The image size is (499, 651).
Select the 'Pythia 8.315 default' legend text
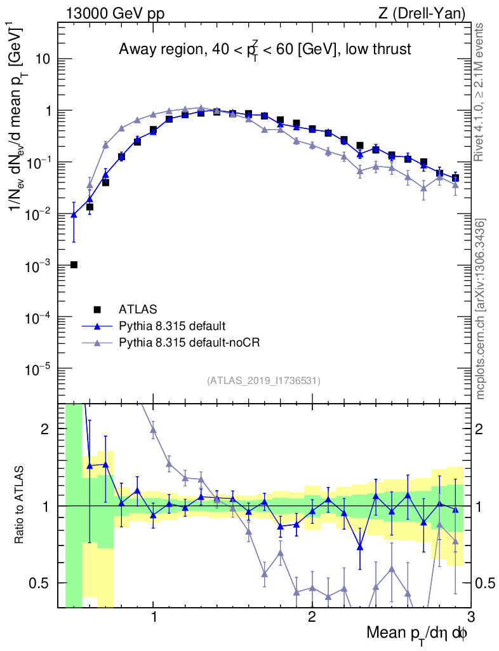pyautogui.click(x=171, y=326)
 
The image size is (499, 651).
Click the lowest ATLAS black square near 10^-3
pyautogui.click(x=74, y=264)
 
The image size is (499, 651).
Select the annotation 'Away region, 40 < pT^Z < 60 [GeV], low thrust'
pyautogui.click(x=265, y=50)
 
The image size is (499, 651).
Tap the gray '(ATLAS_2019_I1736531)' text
pyautogui.click(x=263, y=381)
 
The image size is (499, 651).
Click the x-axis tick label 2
pyautogui.click(x=312, y=617)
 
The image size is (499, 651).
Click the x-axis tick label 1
pyautogui.click(x=154, y=617)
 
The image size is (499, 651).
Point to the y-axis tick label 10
pyautogui.click(x=42, y=59)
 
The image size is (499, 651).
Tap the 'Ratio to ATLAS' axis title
pyautogui.click(x=20, y=505)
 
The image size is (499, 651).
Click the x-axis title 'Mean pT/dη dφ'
pyautogui.click(x=417, y=634)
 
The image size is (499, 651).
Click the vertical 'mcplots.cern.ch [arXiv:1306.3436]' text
pyautogui.click(x=481, y=308)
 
